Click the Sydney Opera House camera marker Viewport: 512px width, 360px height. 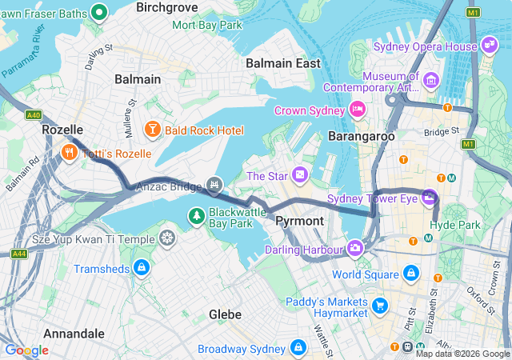[x=490, y=46]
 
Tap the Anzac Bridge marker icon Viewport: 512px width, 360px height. [x=214, y=186]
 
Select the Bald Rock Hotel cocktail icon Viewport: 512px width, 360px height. [x=152, y=130]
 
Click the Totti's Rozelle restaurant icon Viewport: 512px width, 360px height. [x=70, y=152]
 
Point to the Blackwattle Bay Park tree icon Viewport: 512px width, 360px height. [x=196, y=215]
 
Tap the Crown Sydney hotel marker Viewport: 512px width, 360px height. [x=358, y=110]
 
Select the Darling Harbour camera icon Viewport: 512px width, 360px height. [x=354, y=249]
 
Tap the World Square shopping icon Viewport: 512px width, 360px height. [x=410, y=274]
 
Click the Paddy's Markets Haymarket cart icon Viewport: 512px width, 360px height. [x=379, y=305]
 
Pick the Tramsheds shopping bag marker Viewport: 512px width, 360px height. [x=142, y=267]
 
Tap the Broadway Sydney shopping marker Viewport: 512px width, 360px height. [x=298, y=348]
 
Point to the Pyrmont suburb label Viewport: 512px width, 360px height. [x=299, y=220]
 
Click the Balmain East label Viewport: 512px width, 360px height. [x=283, y=62]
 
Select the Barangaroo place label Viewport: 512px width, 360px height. [x=362, y=137]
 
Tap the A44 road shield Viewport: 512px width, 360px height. [x=19, y=254]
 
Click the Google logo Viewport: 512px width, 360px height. [x=26, y=350]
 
